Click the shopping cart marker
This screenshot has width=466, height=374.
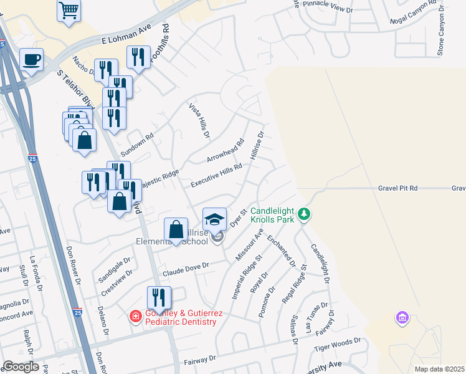69,11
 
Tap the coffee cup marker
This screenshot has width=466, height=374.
32,60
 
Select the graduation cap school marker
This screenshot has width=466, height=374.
215,219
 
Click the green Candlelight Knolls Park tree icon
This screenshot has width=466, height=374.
304,214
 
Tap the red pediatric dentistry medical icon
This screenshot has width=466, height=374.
135,317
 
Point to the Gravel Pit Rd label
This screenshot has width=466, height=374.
397,188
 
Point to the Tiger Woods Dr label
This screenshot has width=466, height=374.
339,342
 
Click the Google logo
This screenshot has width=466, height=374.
21,367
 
